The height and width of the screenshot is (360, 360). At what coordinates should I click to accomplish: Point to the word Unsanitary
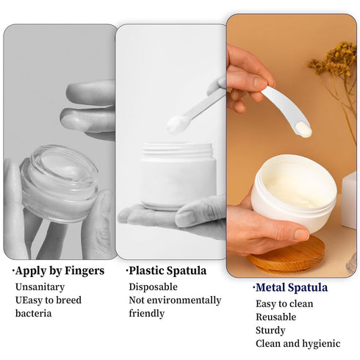pyautogui.click(x=40, y=287)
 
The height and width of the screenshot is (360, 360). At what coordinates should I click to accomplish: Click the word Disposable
pyautogui.click(x=154, y=287)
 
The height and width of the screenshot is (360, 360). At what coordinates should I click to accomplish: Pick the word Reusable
pyautogui.click(x=276, y=317)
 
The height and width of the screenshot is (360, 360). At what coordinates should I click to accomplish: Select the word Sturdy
pyautogui.click(x=271, y=330)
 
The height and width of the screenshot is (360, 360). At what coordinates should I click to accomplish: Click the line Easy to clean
pyautogui.click(x=284, y=303)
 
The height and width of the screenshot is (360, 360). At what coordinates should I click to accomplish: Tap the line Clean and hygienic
pyautogui.click(x=298, y=343)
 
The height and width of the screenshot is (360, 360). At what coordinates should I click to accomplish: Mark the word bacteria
pyautogui.click(x=35, y=314)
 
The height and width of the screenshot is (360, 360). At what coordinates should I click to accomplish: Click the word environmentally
pyautogui.click(x=188, y=300)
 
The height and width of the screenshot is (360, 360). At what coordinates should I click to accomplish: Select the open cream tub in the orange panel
pyautogui.click(x=294, y=191)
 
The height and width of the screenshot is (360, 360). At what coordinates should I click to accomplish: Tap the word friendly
pyautogui.click(x=148, y=314)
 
